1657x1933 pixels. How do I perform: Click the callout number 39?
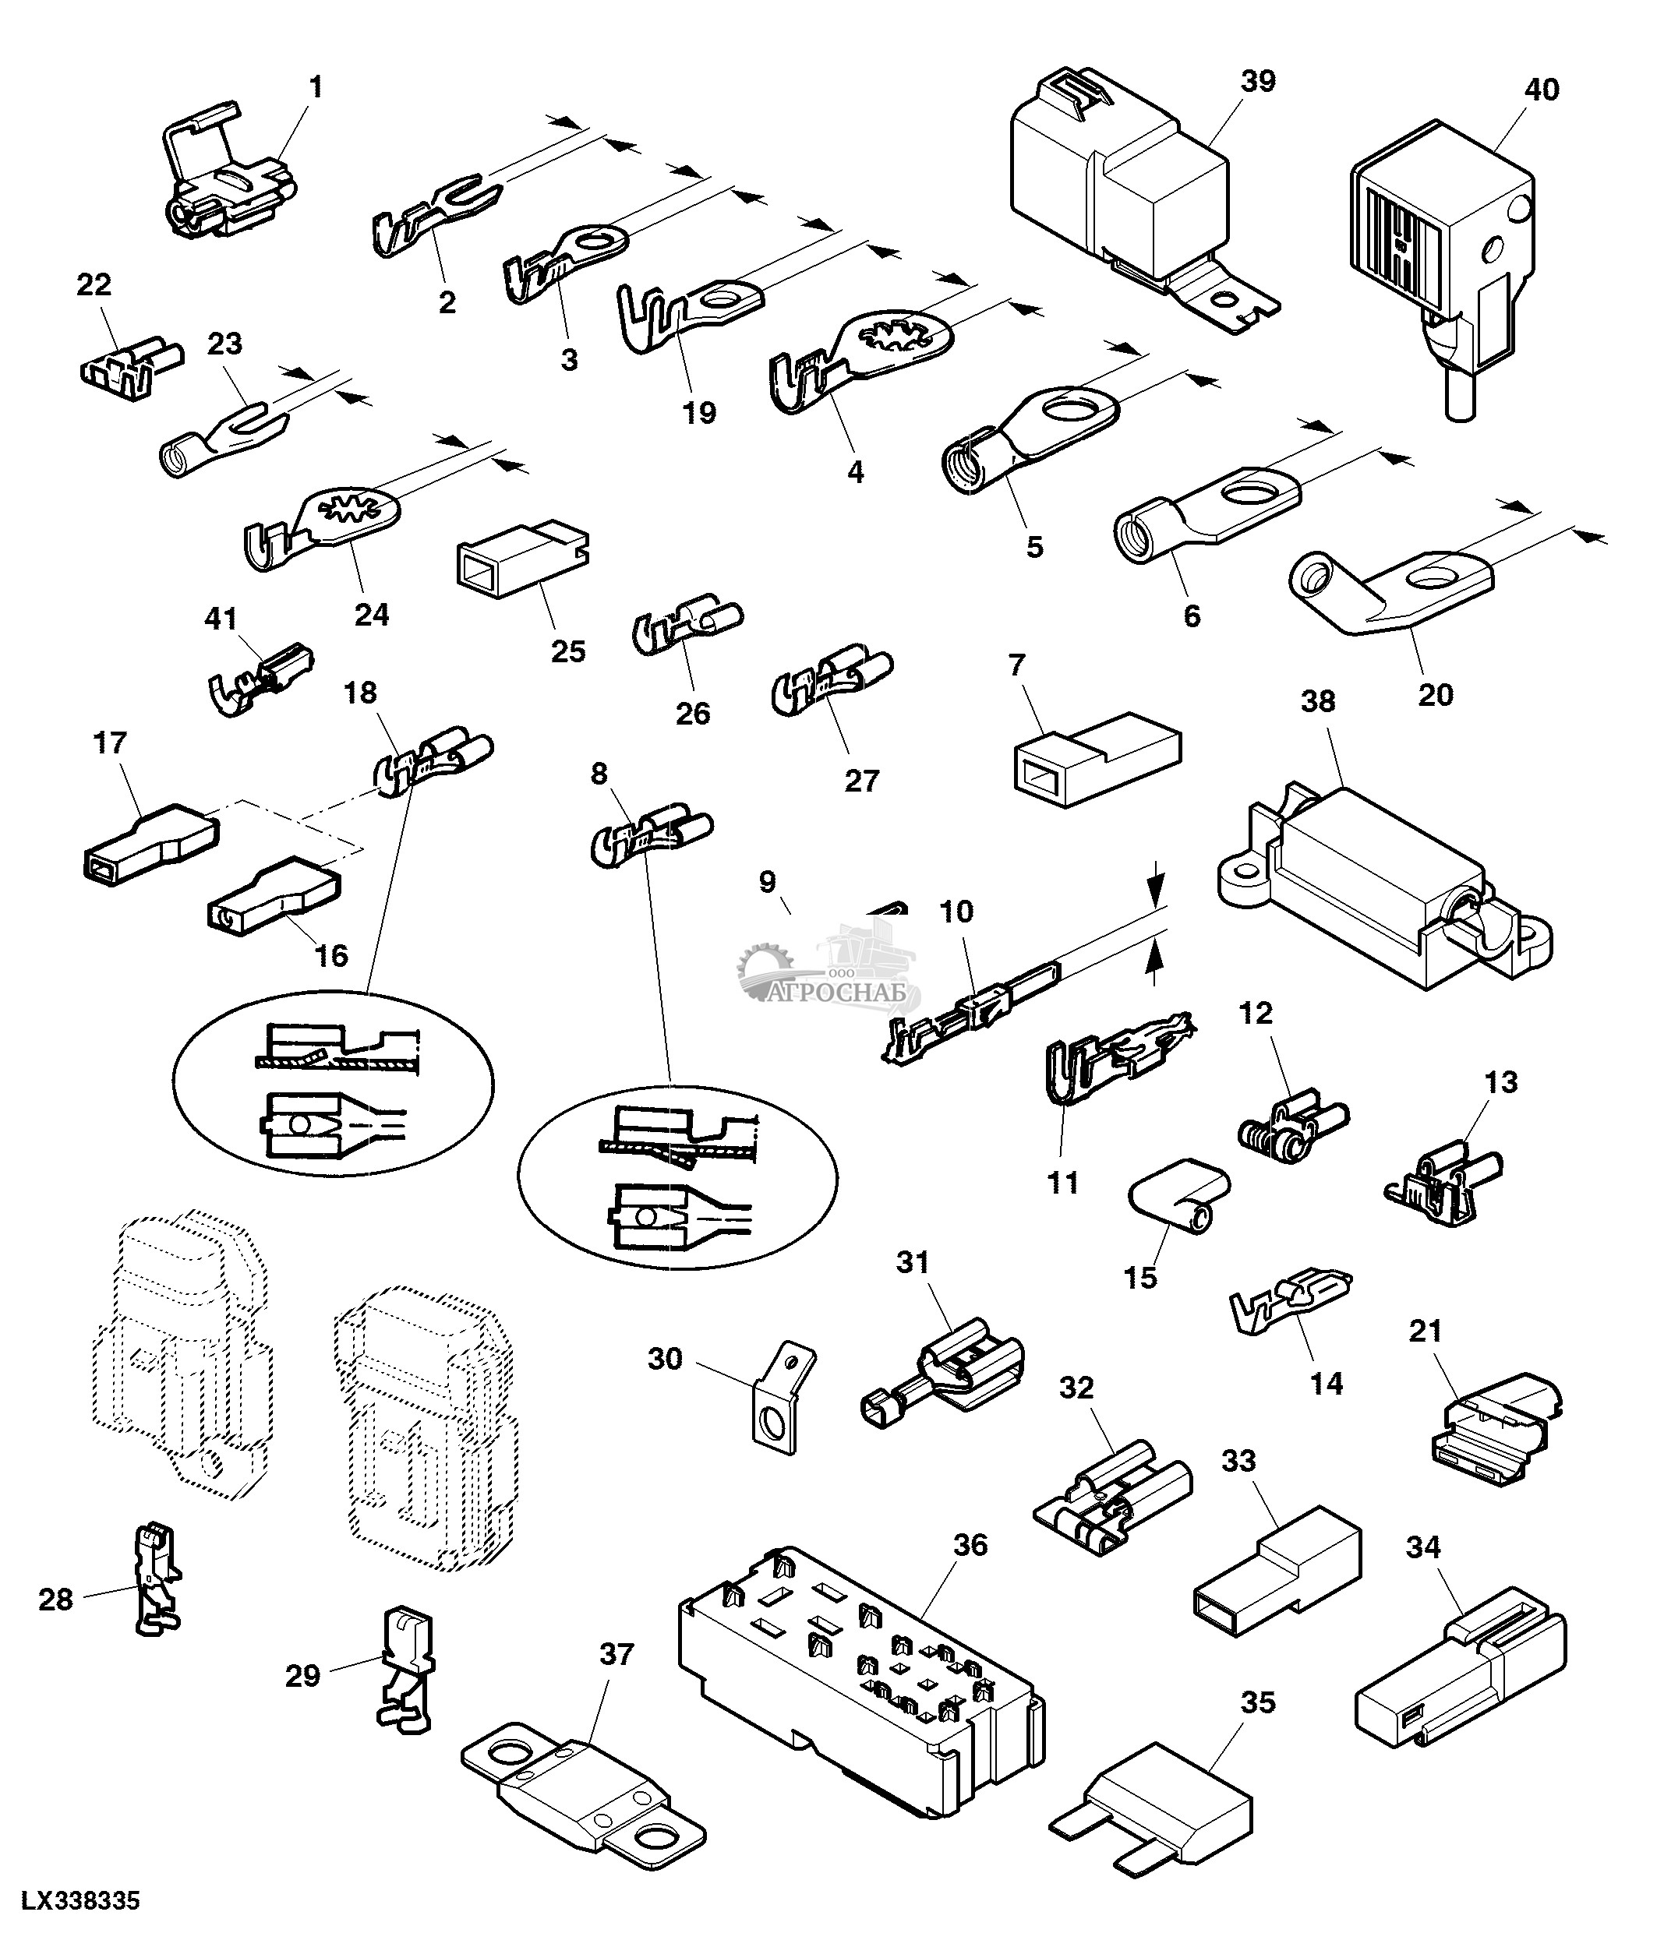pyautogui.click(x=1258, y=81)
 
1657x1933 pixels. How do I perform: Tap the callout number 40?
pyautogui.click(x=1542, y=90)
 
